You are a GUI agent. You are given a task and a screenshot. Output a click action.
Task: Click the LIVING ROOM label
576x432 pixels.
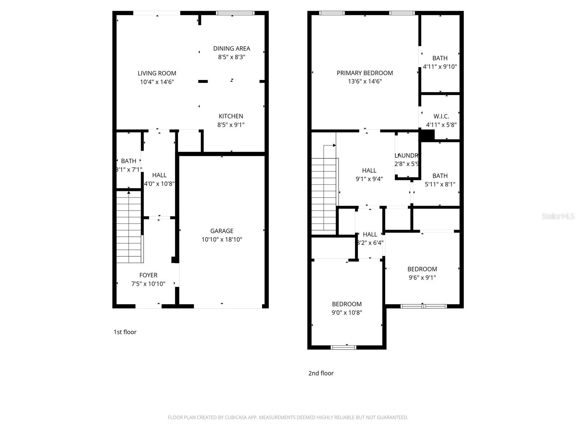157,73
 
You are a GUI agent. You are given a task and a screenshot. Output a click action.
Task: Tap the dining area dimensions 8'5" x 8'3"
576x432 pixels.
231,57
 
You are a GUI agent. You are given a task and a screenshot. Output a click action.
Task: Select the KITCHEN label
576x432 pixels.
231,116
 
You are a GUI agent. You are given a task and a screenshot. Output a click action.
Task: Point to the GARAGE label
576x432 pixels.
222,231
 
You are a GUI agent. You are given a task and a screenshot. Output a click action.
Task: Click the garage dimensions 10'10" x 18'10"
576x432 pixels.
222,239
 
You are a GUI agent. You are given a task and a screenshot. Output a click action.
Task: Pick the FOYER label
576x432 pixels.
148,275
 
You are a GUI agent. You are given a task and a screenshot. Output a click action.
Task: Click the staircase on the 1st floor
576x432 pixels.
129,227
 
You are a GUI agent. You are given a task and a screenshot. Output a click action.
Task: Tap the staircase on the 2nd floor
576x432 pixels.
324,194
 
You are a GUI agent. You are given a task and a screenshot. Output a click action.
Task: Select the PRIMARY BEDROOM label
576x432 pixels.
365,73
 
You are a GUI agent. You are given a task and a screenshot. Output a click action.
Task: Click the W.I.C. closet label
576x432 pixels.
441,117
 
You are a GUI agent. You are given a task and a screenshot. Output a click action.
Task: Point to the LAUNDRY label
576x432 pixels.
407,156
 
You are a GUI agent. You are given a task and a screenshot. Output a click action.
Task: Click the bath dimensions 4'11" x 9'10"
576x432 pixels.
440,67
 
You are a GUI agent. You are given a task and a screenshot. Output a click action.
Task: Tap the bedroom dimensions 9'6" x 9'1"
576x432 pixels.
422,278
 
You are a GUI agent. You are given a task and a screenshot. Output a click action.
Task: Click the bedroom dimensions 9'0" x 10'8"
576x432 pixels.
347,312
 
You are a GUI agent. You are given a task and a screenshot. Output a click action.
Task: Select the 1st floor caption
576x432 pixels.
125,332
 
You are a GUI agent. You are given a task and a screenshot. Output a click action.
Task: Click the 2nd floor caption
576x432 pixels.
321,373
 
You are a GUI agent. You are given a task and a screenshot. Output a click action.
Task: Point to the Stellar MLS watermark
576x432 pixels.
558,216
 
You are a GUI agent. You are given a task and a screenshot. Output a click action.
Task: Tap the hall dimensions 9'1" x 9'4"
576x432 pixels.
369,179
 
